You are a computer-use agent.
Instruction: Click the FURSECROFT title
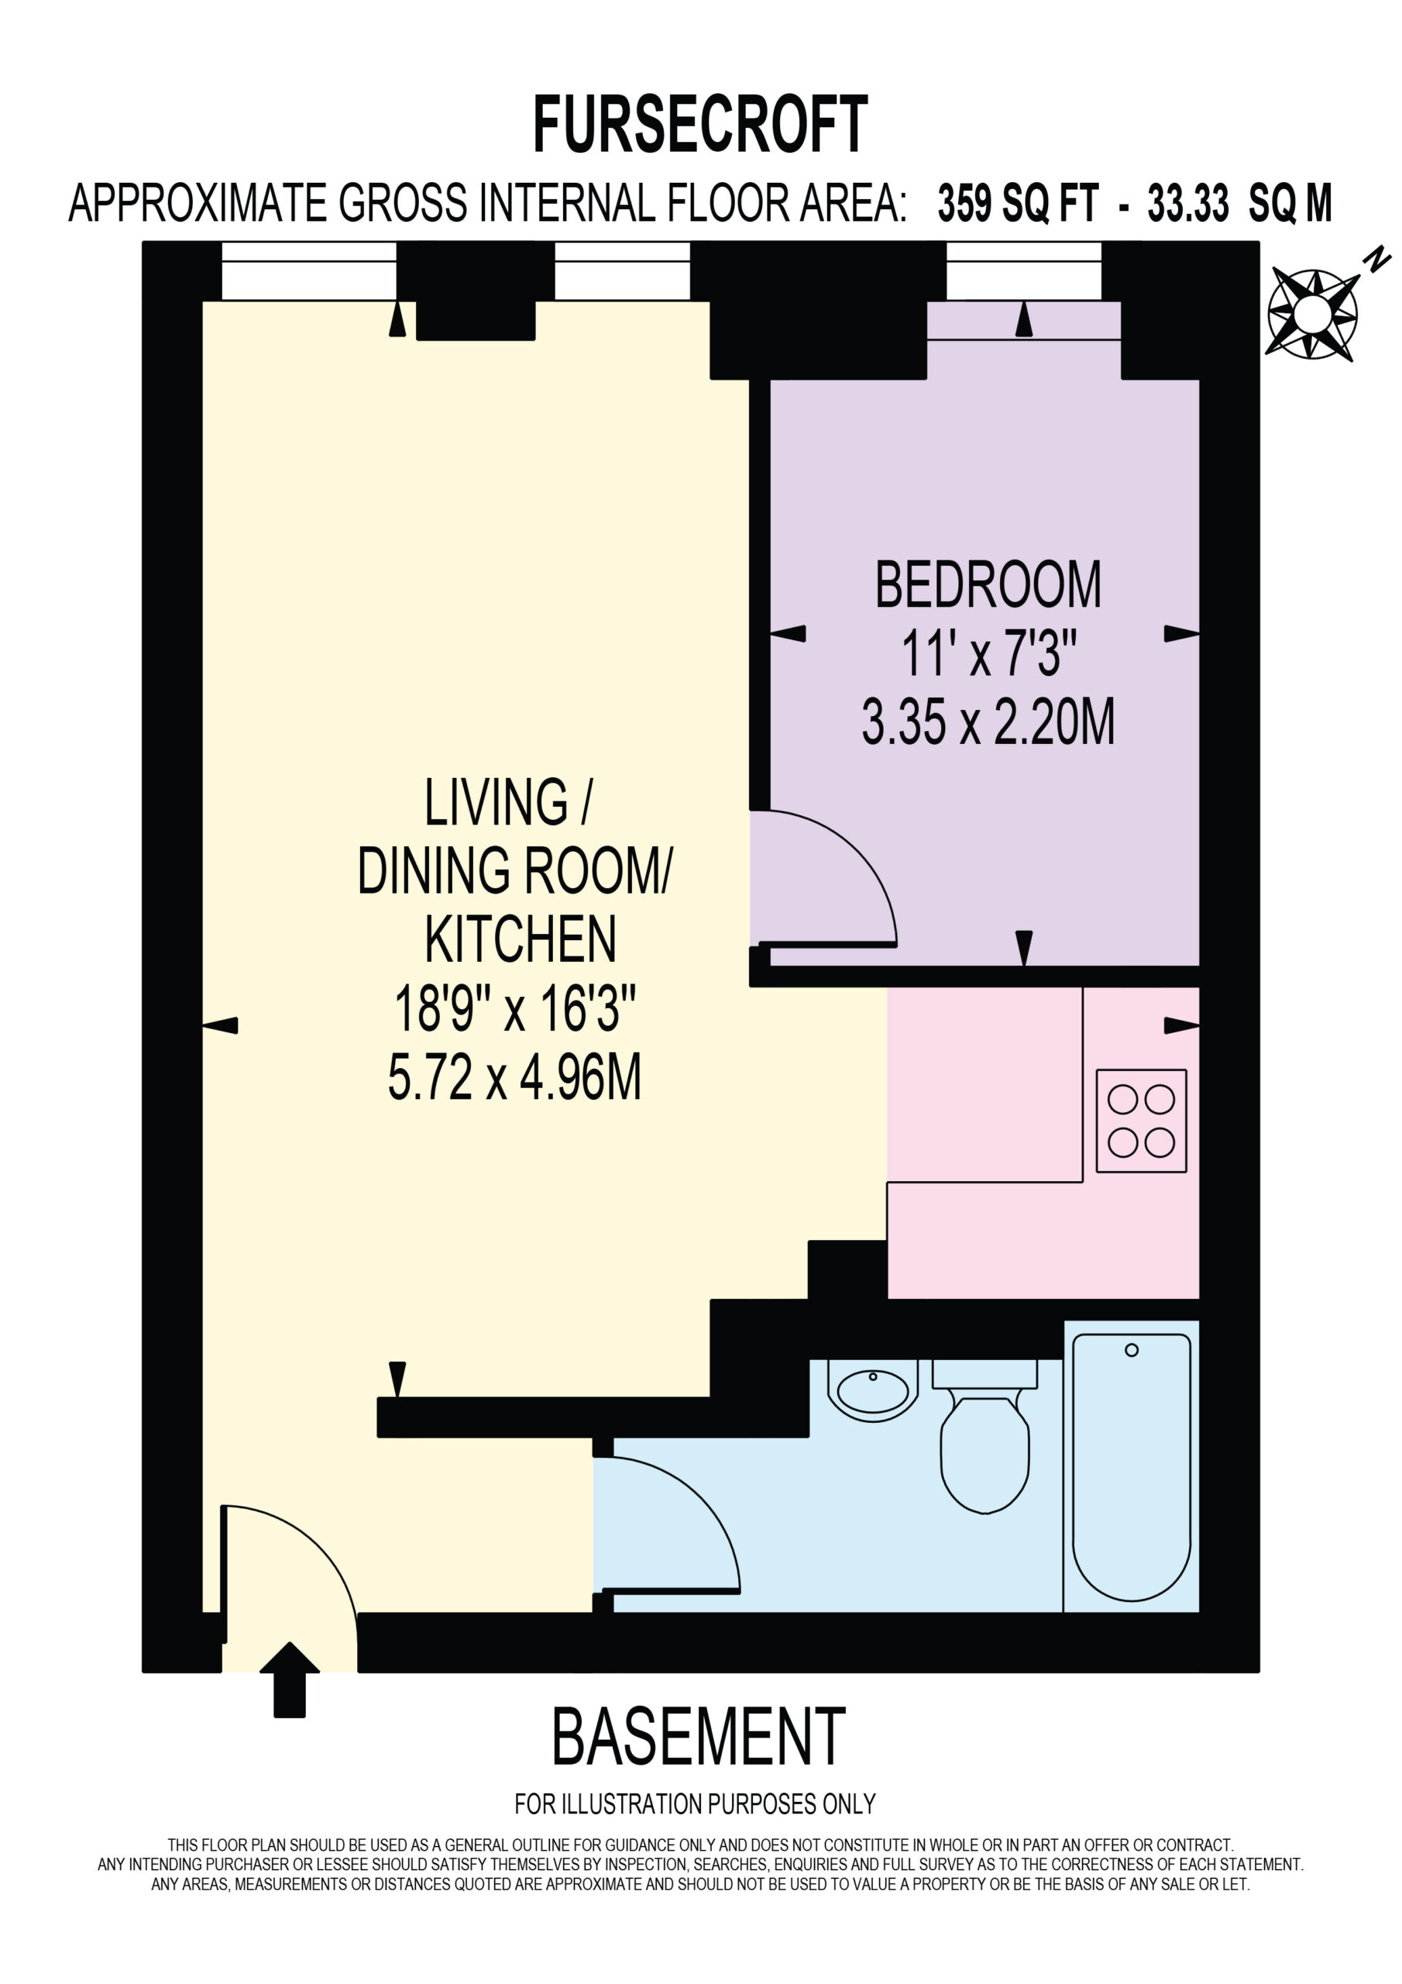[699, 125]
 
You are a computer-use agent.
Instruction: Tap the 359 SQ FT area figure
[1018, 204]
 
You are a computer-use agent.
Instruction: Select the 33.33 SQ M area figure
[1239, 204]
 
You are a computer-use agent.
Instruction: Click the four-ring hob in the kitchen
[1141, 1121]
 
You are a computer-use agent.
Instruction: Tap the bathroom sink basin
[872, 1390]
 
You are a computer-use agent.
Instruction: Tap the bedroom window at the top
[1024, 271]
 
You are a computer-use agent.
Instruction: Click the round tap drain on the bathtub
[1132, 1350]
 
